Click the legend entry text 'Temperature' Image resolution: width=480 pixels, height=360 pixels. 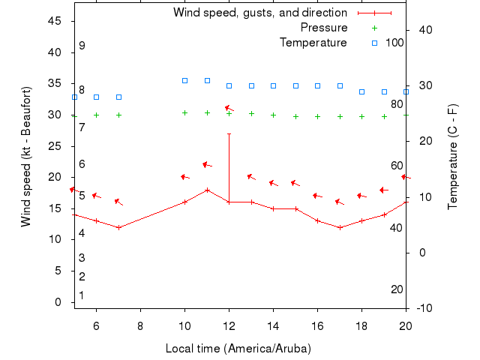point(313,43)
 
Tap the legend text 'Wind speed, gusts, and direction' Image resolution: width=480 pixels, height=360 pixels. point(259,13)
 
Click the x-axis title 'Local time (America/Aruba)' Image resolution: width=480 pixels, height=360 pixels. point(238,349)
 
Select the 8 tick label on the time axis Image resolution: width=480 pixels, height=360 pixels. point(140,325)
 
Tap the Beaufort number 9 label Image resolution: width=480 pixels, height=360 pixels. point(82,46)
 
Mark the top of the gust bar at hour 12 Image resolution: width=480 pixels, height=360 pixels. point(229,133)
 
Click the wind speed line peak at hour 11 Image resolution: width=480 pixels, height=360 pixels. point(207,190)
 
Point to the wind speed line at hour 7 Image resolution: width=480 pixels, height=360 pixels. point(118,227)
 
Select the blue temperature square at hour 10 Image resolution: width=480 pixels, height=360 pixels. point(184,80)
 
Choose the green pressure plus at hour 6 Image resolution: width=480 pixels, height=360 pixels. point(96,115)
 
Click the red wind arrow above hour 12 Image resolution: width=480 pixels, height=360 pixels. point(229,109)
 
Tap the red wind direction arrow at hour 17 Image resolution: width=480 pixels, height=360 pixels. point(340,202)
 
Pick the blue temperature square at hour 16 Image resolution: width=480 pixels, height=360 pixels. point(317,85)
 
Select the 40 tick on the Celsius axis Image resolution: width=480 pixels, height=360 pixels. point(422,29)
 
